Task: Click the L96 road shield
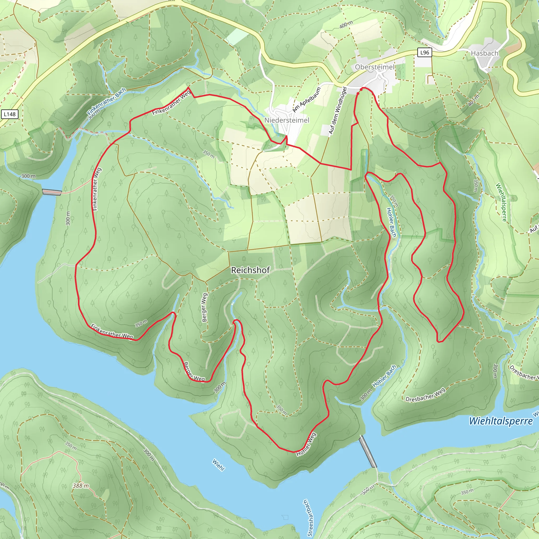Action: tap(424, 52)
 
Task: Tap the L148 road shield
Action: tap(10, 114)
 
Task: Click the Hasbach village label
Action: tap(484, 53)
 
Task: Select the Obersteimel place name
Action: tap(375, 67)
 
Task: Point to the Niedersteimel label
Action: tap(287, 120)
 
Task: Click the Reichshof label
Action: tap(250, 270)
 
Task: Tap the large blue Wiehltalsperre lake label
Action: tap(501, 421)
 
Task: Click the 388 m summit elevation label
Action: tap(81, 486)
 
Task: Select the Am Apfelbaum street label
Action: tap(306, 99)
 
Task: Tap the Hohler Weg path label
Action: tap(306, 444)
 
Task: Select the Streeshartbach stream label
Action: tap(310, 518)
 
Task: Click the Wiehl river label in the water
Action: tap(218, 465)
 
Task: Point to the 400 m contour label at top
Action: tap(346, 24)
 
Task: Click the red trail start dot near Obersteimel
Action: tap(361, 89)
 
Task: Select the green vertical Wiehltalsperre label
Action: tap(501, 202)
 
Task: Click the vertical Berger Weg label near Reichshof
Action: tap(204, 307)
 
